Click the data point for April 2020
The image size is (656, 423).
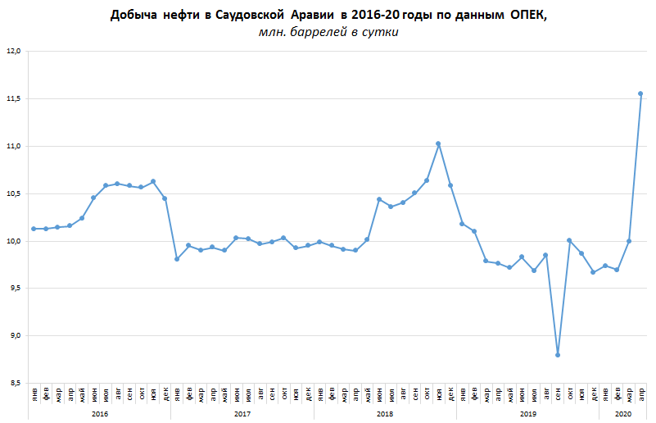point(640,93)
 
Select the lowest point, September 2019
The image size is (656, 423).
point(558,355)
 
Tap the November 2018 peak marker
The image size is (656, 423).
point(438,143)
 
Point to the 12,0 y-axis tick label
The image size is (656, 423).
point(13,52)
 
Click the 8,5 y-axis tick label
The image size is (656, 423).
point(13,383)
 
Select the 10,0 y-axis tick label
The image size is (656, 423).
point(13,241)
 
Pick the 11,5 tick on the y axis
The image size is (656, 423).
point(13,98)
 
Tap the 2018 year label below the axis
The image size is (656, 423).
point(385,414)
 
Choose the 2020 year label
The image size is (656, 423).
point(623,414)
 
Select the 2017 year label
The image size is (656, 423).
point(242,414)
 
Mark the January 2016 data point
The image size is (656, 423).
point(34,229)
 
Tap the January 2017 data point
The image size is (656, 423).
point(177,259)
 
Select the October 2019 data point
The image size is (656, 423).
point(569,240)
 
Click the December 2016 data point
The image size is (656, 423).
point(165,198)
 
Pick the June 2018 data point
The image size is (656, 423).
point(379,199)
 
